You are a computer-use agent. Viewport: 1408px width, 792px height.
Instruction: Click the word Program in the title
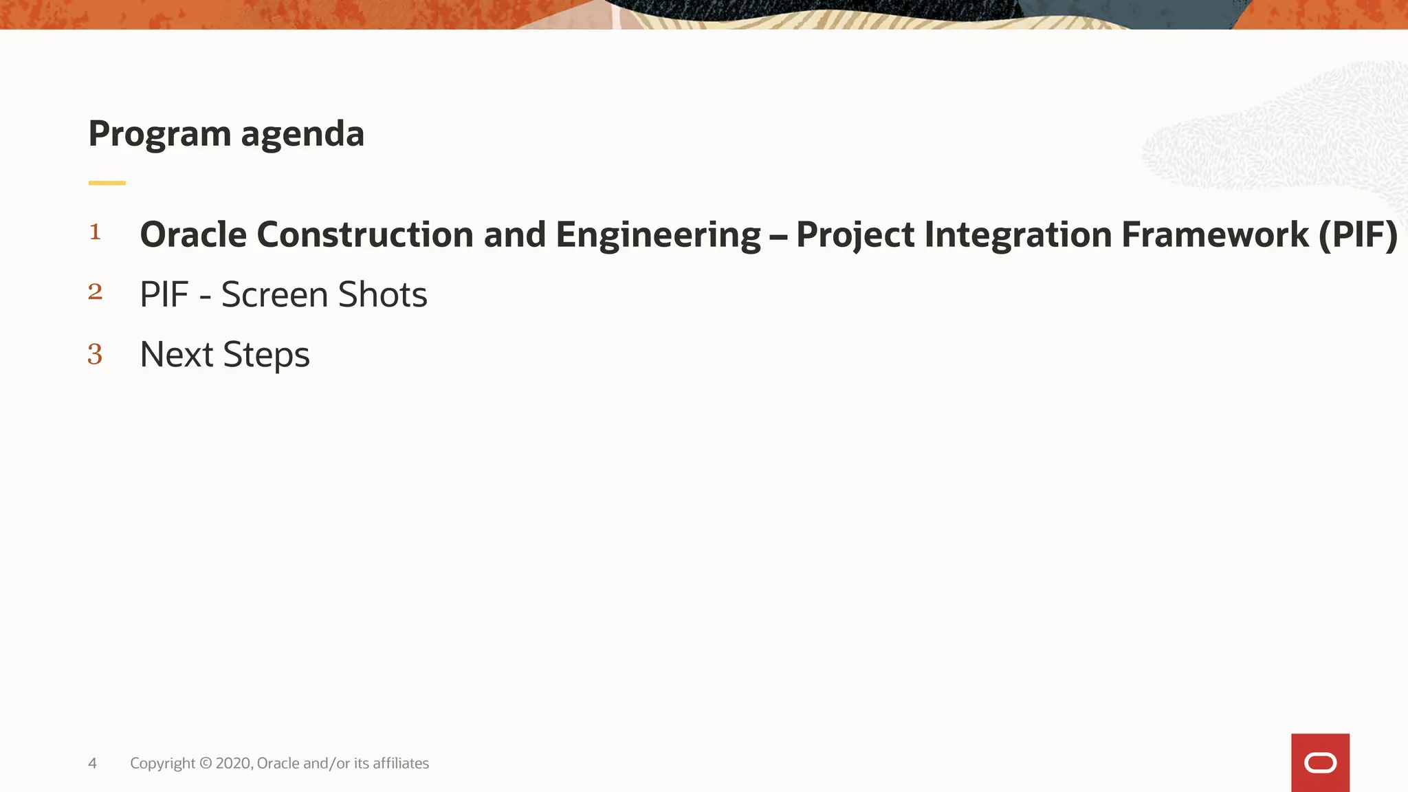click(159, 134)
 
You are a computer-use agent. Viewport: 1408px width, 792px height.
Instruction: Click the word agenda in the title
click(302, 134)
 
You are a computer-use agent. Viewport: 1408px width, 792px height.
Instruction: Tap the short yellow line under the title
click(107, 183)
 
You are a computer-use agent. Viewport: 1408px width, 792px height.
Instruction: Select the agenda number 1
click(95, 232)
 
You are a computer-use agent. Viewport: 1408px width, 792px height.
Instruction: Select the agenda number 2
click(95, 292)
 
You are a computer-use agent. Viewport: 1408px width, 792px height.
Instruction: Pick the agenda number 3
click(95, 354)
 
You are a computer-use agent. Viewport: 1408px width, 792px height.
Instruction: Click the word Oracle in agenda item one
click(193, 234)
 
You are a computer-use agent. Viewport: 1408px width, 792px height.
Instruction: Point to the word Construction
click(365, 234)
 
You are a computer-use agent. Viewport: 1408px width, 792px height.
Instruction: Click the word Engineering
click(658, 236)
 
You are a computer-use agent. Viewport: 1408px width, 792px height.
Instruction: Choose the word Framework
click(1215, 234)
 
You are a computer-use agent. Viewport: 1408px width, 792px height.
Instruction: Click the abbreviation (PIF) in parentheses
click(1358, 234)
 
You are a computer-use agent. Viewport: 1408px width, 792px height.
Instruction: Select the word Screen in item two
click(274, 295)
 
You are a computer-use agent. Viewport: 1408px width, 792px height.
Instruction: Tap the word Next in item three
click(177, 355)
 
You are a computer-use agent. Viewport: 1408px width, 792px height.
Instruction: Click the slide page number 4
click(92, 763)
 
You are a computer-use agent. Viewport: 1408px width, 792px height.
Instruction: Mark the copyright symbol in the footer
click(206, 763)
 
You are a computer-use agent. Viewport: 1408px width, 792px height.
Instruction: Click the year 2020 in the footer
click(233, 763)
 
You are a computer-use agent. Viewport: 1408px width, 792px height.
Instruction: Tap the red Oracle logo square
click(1320, 762)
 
